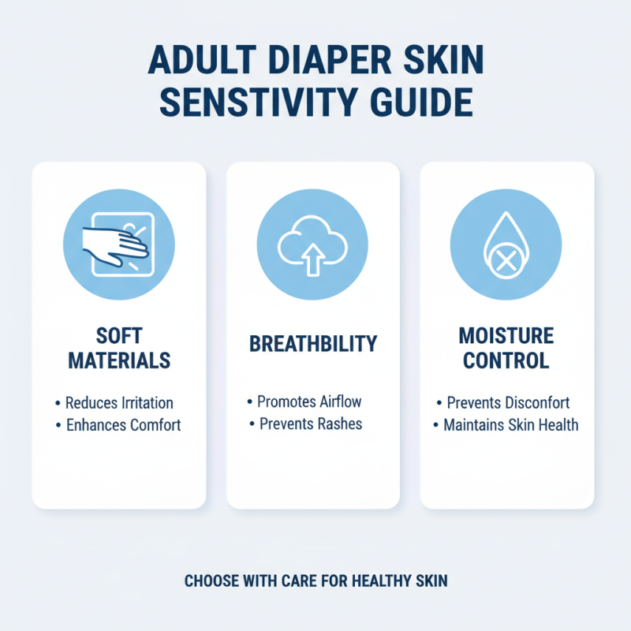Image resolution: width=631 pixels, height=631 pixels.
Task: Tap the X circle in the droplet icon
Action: click(x=506, y=259)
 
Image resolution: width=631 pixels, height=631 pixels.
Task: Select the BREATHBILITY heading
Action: click(x=312, y=344)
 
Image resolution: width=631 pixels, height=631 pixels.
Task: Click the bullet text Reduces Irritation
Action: click(x=119, y=403)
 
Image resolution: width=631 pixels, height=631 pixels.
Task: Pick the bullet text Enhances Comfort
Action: click(x=123, y=425)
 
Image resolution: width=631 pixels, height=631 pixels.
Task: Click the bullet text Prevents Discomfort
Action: click(x=508, y=403)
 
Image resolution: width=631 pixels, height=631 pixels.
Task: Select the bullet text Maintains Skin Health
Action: click(x=510, y=425)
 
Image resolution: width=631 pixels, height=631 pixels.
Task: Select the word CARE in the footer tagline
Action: click(x=299, y=581)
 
